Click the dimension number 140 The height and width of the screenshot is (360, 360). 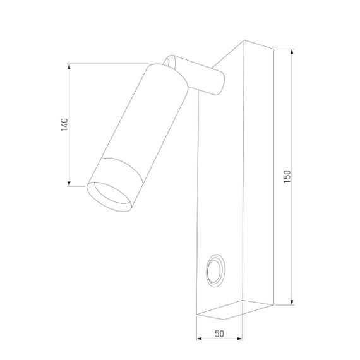[x=63, y=124]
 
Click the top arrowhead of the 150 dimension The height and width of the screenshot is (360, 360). [x=292, y=51]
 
